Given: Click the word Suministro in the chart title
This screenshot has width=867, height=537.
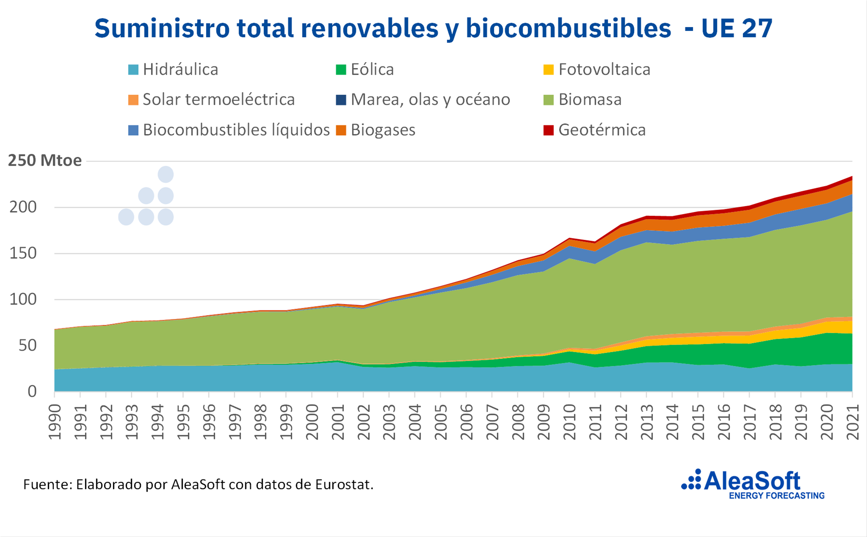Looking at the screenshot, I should click(x=162, y=28).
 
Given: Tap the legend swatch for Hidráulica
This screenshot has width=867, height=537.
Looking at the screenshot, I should click(x=133, y=70).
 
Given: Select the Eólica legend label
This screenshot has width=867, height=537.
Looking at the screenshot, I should click(x=372, y=70).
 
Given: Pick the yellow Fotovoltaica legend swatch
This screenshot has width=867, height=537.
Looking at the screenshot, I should click(x=548, y=70).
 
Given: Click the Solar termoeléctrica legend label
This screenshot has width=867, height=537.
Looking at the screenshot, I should click(x=219, y=99).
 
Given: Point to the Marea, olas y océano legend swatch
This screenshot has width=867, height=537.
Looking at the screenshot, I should click(x=341, y=100).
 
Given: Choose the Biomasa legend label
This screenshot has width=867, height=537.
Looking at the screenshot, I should click(x=590, y=99).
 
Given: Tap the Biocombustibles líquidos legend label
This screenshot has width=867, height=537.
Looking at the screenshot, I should click(x=236, y=130).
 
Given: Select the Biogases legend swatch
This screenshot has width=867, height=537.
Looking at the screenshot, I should click(x=341, y=130).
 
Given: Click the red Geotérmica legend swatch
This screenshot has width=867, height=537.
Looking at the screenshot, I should click(x=548, y=130).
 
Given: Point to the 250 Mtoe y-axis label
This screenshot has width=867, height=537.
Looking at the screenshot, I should click(x=45, y=161).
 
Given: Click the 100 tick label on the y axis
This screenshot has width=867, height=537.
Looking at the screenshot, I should click(x=23, y=299).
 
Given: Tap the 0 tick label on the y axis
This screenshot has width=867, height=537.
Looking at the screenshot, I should click(x=32, y=391).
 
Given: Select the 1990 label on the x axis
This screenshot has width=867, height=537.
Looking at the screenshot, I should click(x=55, y=422).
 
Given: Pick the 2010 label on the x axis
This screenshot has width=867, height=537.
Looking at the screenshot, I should click(x=570, y=422).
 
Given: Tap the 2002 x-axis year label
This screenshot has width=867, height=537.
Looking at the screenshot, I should click(x=364, y=422).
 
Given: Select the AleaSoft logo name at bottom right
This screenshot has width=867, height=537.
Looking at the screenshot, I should click(x=752, y=481).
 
